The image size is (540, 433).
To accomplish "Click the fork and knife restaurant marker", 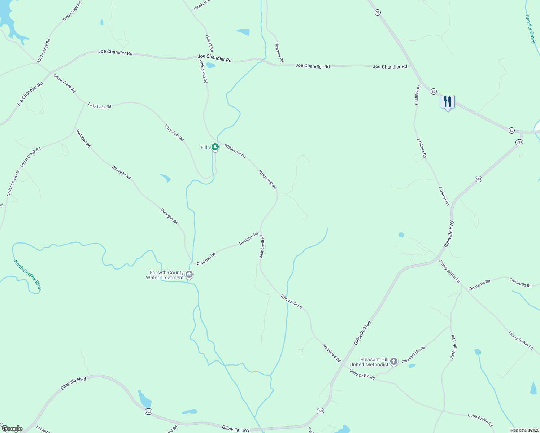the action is [448, 102].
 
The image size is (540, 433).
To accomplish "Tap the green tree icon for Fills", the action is [215, 147].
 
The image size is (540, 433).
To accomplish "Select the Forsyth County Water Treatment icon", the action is [189, 275].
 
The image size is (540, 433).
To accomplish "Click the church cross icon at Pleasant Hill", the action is [394, 361].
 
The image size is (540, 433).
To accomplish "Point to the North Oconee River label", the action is [28, 275].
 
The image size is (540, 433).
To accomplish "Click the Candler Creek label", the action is [530, 29].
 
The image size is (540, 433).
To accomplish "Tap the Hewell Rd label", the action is [209, 43].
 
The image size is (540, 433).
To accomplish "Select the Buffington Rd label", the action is [453, 346].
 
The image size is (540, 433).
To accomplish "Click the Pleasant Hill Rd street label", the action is [414, 355].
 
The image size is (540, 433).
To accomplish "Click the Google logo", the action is [12, 429].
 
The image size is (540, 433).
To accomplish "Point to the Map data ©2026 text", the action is [524, 430].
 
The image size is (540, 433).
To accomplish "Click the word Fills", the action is [205, 148].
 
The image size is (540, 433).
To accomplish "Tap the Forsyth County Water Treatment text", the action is [165, 275].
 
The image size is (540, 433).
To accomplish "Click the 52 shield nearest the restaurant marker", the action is [434, 92].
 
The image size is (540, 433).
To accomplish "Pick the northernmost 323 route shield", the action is [519, 142].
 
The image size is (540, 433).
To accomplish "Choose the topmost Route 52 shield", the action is [378, 12].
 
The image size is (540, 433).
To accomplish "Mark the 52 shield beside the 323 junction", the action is [511, 130].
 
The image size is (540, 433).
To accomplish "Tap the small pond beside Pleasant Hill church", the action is [412, 366].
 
